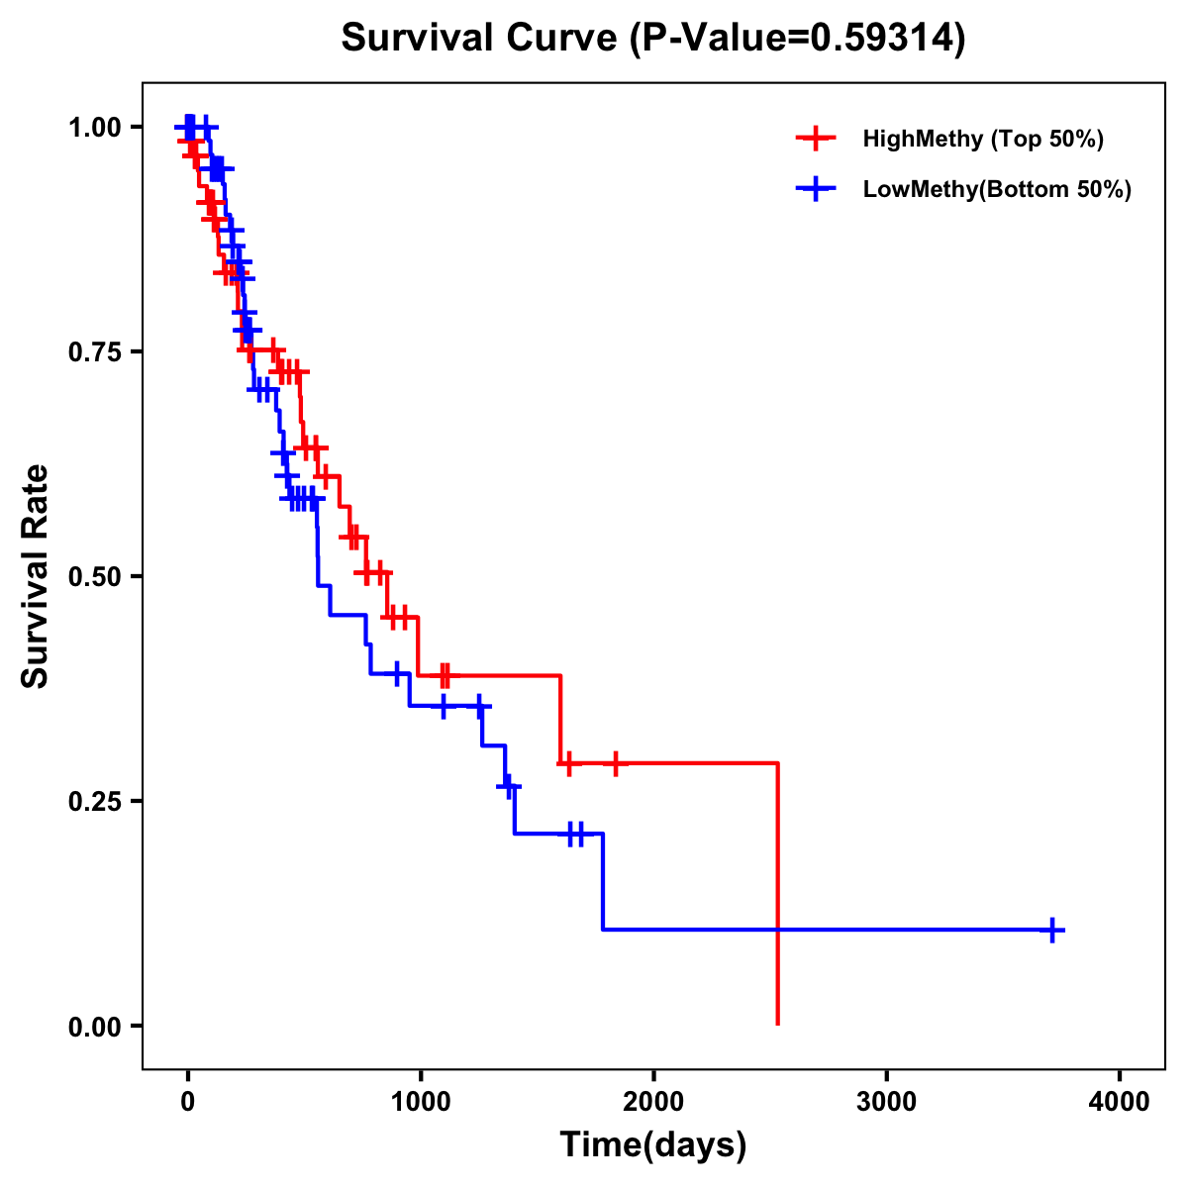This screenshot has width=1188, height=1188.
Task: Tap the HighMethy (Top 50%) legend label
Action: (982, 139)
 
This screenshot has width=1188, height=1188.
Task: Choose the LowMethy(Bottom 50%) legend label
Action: (997, 190)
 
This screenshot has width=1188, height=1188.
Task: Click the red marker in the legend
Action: (815, 139)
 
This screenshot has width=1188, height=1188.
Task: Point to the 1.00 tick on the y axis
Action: (95, 128)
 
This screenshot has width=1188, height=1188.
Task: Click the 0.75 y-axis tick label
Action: (95, 352)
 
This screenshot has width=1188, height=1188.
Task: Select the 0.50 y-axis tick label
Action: (95, 577)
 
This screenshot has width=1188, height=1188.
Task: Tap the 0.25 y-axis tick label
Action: (95, 802)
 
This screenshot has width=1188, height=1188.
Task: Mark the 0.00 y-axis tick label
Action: (95, 1027)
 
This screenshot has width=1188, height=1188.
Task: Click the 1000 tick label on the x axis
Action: (420, 1102)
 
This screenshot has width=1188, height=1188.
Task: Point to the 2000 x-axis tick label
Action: (653, 1102)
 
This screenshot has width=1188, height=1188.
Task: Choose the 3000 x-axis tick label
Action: (886, 1102)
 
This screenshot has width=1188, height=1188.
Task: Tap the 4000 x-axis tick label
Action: (1120, 1102)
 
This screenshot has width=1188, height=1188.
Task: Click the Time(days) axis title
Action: (653, 1145)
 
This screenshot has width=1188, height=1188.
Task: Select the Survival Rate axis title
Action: (37, 576)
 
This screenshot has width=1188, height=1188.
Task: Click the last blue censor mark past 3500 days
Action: (1052, 930)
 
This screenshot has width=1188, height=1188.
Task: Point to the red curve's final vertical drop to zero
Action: (778, 891)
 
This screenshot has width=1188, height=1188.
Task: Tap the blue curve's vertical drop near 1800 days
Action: (602, 881)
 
